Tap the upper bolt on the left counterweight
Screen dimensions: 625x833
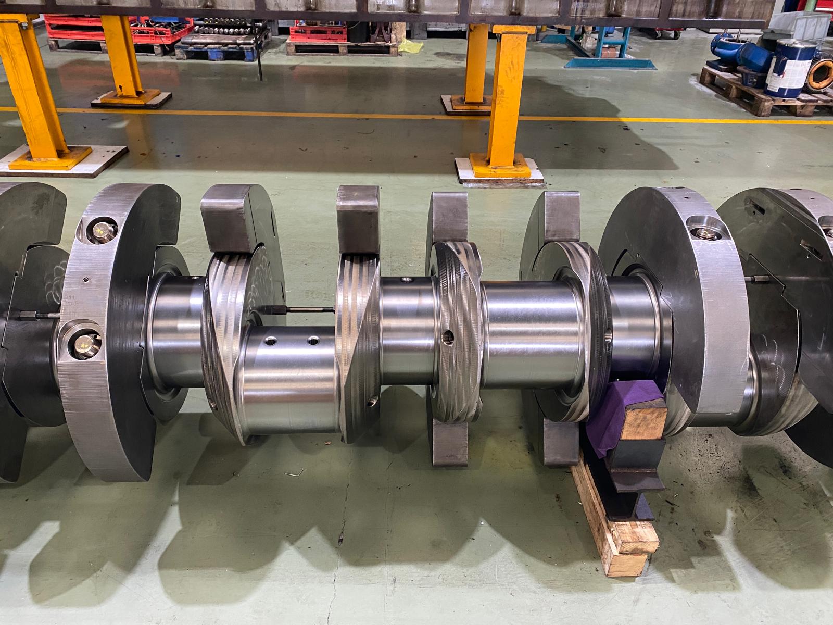coord(98,229)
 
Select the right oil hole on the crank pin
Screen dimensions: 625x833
coord(313,341)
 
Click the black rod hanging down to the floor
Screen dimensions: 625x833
coord(259,57)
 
